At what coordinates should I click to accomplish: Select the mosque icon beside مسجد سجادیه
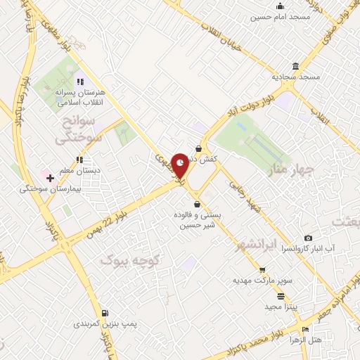tap(295, 67)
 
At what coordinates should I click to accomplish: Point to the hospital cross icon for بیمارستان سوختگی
tap(49, 179)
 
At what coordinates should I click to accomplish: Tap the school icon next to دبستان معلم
tap(47, 170)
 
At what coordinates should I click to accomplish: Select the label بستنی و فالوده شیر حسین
tap(197, 220)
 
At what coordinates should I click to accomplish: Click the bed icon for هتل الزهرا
tap(305, 330)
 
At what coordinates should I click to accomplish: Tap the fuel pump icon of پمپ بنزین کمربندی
tap(105, 313)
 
